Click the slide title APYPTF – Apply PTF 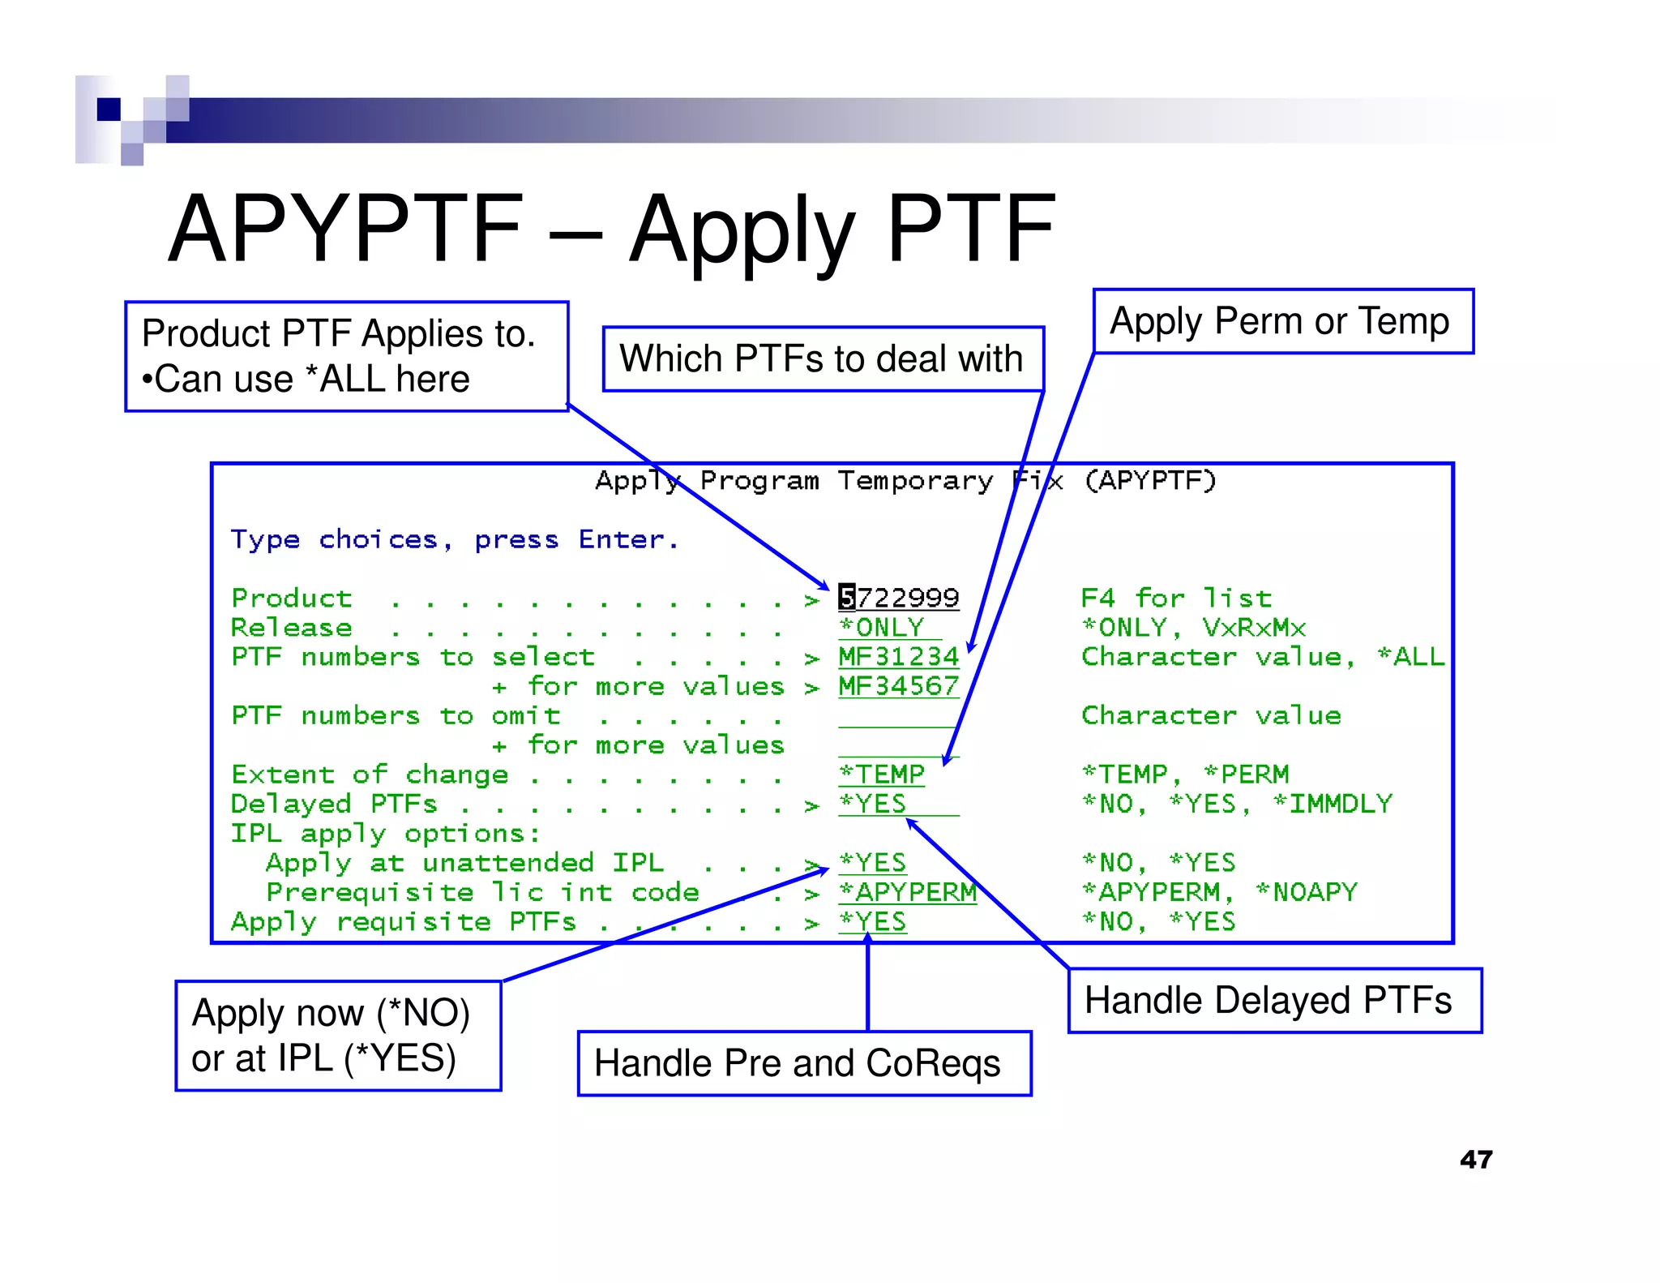coord(611,230)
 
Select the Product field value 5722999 coord(898,598)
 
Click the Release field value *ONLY coord(882,627)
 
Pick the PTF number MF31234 coord(898,657)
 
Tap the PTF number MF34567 coord(898,686)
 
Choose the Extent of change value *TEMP coord(882,774)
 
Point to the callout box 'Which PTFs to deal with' coord(823,358)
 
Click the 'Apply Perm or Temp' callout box coord(1282,321)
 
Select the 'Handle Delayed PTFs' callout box coord(1274,1000)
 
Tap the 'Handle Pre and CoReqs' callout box coord(803,1063)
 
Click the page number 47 coord(1476,1159)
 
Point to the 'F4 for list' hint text coord(1176,599)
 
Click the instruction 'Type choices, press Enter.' coord(455,539)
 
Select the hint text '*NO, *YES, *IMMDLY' coord(1237,804)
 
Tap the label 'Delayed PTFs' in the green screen coord(334,804)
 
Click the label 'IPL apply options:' coord(385,833)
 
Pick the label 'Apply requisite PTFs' coord(403,922)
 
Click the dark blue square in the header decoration coord(109,109)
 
